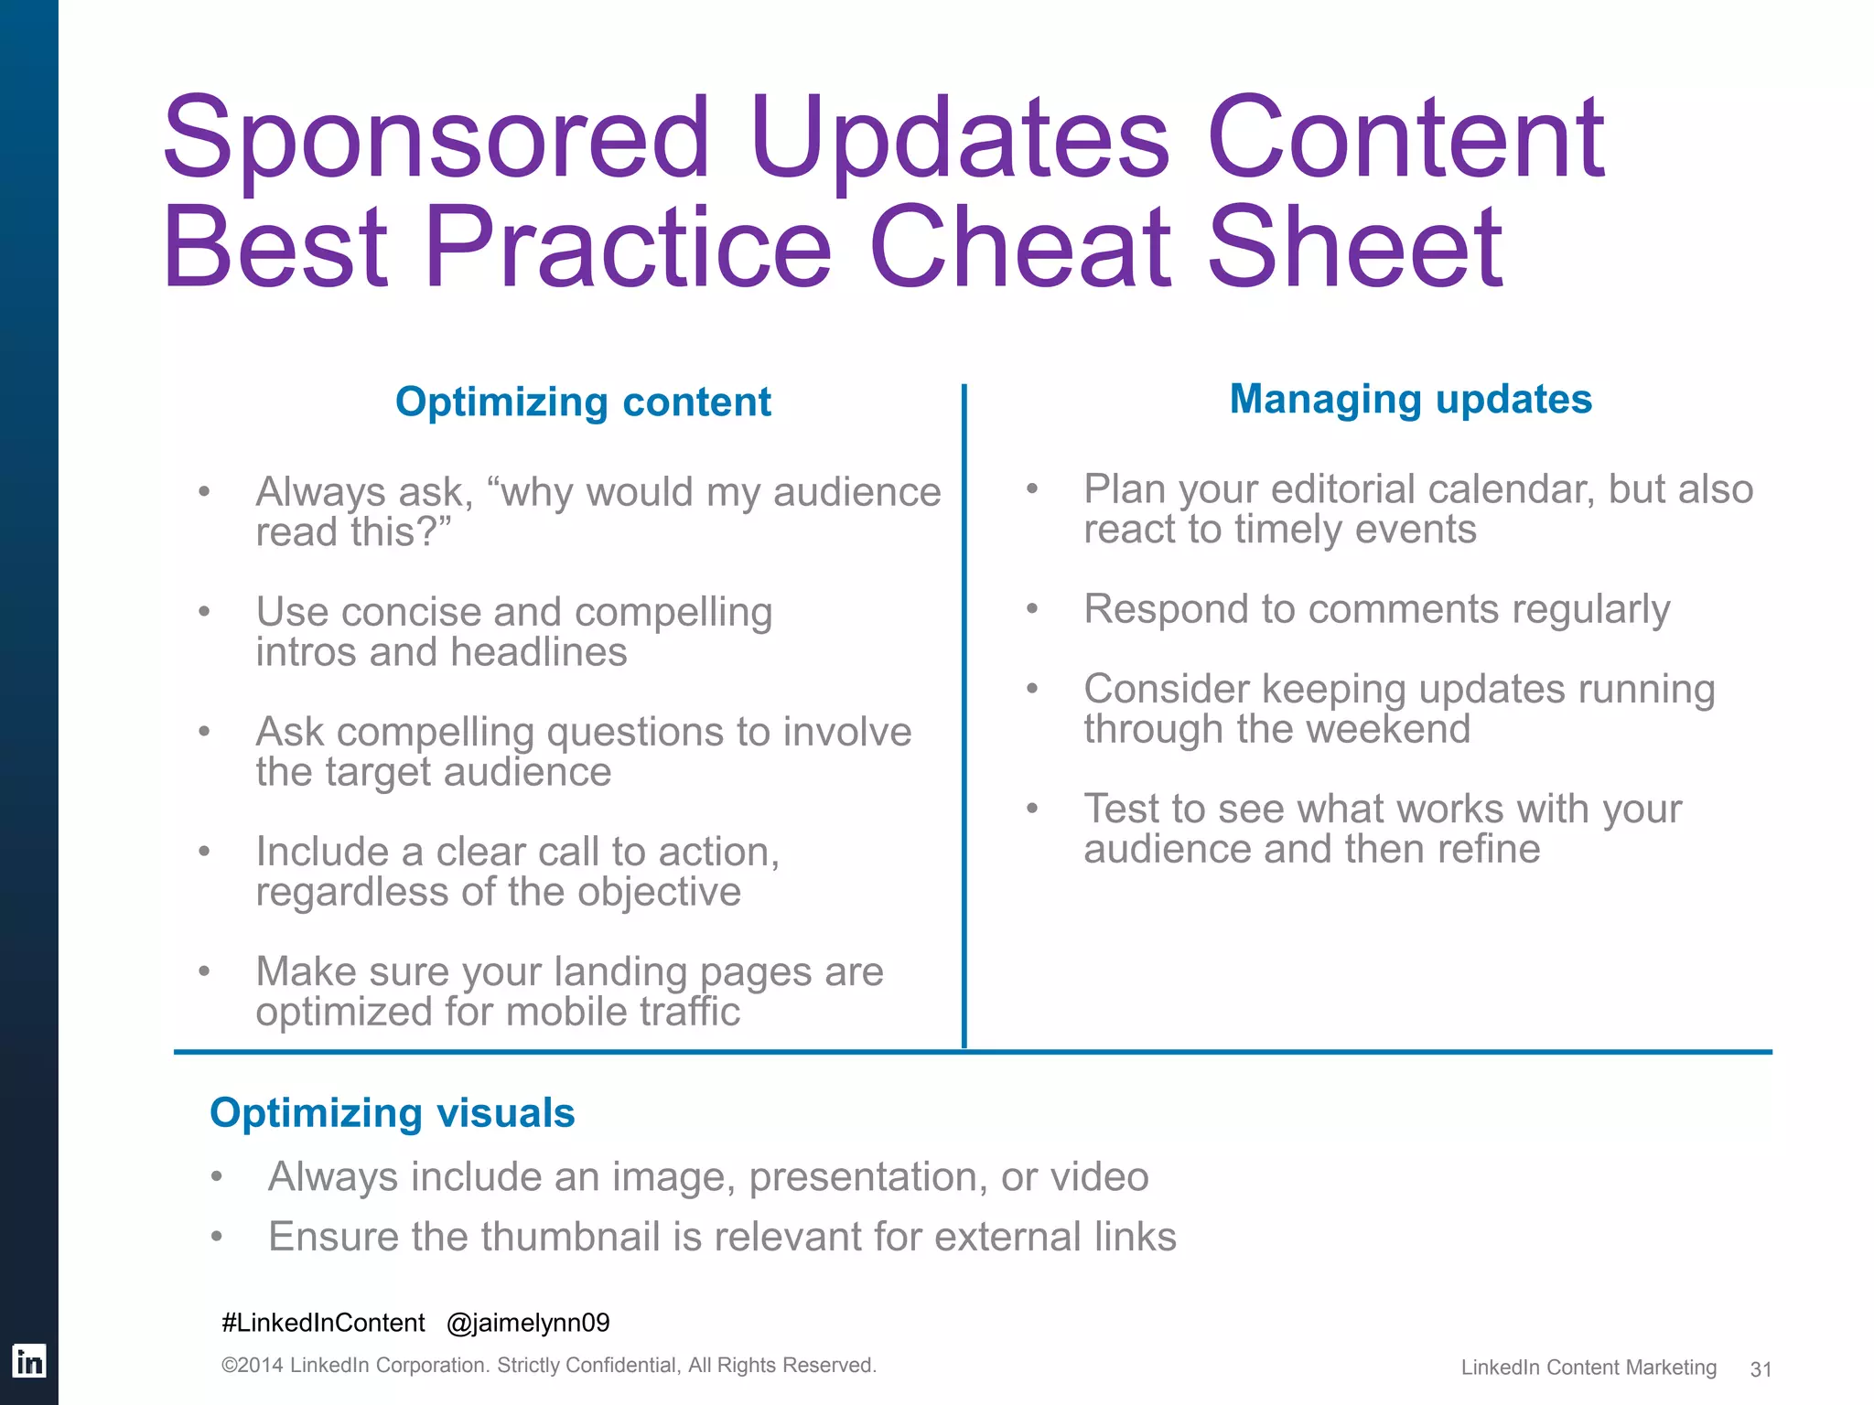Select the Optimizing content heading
583,402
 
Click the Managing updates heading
1410,400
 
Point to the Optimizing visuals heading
392,1113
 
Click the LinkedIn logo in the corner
28,1362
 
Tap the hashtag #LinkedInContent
323,1323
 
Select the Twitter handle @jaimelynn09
528,1323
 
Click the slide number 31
1761,1369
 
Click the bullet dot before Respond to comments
1032,609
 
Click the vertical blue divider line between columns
964,713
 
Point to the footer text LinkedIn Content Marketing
1589,1367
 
